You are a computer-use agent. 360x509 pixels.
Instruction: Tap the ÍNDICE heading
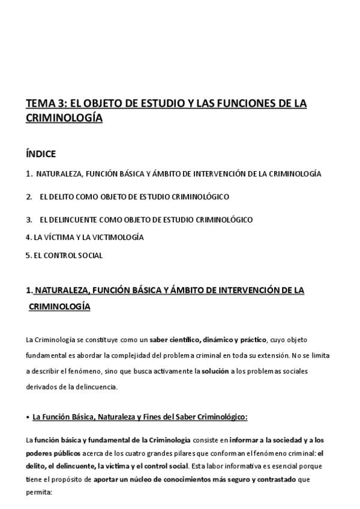(41, 154)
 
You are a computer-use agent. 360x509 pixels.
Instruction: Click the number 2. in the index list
(29, 196)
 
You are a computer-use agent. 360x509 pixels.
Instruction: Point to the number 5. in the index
(29, 255)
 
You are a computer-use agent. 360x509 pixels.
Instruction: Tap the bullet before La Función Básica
(28, 417)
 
